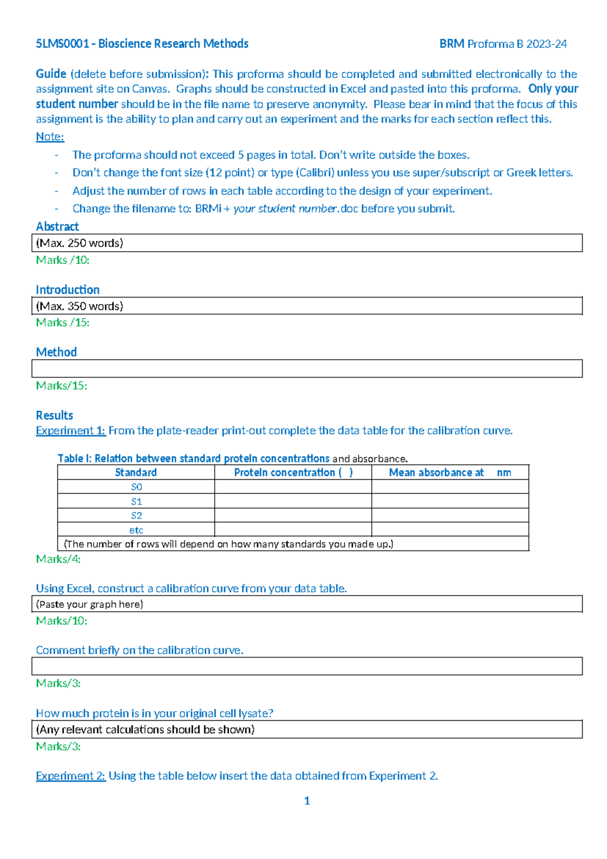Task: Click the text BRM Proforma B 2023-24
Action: tap(503, 44)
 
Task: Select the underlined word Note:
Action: tap(50, 137)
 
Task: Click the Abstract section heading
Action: tap(57, 226)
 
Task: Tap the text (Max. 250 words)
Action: tap(79, 243)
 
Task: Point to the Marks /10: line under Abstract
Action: tap(62, 260)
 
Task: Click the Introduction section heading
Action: tap(67, 290)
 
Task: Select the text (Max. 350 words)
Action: tap(79, 306)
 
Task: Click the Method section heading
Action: tap(56, 352)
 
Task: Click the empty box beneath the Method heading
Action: tap(307, 369)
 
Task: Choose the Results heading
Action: tap(54, 415)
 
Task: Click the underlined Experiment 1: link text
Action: tap(70, 431)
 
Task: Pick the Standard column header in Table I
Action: tap(136, 473)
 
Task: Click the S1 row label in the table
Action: tap(136, 501)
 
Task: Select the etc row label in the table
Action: tap(136, 530)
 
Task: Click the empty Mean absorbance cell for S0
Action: tap(450, 487)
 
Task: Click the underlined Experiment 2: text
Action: tap(70, 776)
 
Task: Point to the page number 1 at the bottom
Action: tap(307, 801)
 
